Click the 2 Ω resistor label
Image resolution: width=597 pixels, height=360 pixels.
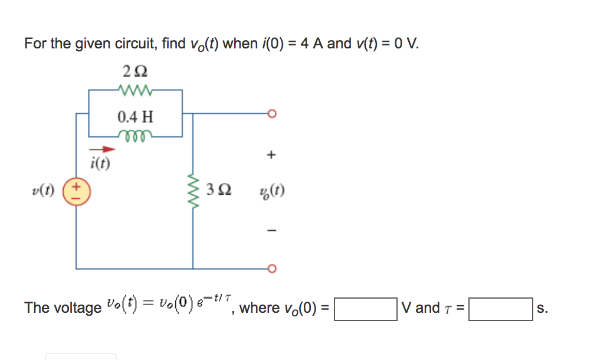[x=136, y=71]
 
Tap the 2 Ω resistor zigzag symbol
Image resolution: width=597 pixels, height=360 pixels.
[x=136, y=90]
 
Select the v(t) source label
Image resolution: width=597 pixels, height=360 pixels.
[x=43, y=191]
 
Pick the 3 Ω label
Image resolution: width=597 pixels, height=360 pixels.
[x=219, y=191]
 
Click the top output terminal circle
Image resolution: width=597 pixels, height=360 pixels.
[x=271, y=114]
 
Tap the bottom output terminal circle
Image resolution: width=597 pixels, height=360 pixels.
[x=271, y=269]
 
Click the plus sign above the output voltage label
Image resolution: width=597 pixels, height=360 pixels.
[x=271, y=155]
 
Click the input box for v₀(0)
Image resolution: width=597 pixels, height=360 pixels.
[x=365, y=309]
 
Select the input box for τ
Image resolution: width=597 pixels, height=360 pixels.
[x=500, y=309]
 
